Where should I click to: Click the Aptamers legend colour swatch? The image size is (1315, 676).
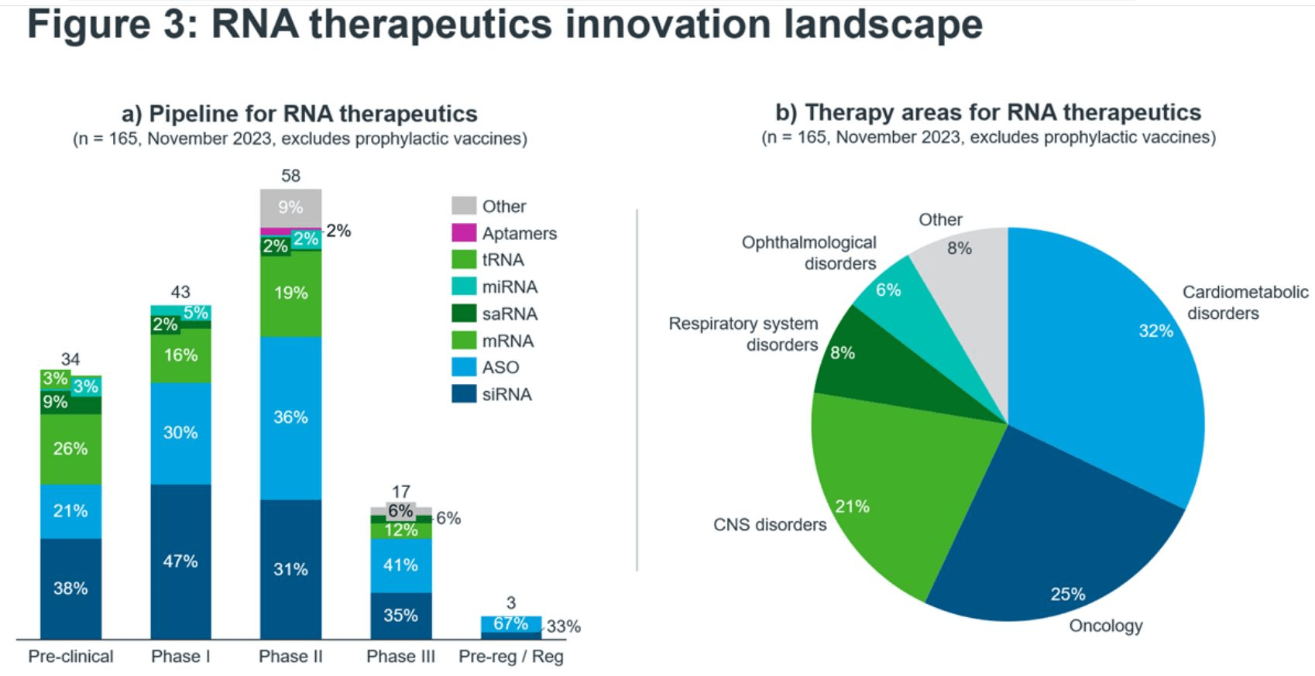coord(464,232)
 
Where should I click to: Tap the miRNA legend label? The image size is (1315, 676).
coord(510,287)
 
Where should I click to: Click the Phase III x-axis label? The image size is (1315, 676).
coord(400,657)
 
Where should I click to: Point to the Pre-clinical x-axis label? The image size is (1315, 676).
coord(70,657)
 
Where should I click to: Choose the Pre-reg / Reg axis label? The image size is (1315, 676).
coord(511,657)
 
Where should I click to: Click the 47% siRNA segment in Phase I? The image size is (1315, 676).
coord(180,561)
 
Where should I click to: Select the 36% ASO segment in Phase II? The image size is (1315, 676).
coord(290,417)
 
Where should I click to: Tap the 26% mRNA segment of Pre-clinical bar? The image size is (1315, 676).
coord(70,449)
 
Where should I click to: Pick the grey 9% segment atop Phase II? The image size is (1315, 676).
coord(290,208)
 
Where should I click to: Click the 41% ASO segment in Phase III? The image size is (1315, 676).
coord(400,565)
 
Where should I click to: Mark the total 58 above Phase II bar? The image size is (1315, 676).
coord(290,176)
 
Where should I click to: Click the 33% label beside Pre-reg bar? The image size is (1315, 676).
coord(563,626)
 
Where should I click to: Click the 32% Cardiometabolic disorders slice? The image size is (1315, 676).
coord(1115,364)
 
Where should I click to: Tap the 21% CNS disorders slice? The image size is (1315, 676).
coord(891,480)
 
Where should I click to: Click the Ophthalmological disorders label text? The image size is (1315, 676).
coord(809,252)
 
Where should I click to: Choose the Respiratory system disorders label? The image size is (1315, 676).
coord(743,334)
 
